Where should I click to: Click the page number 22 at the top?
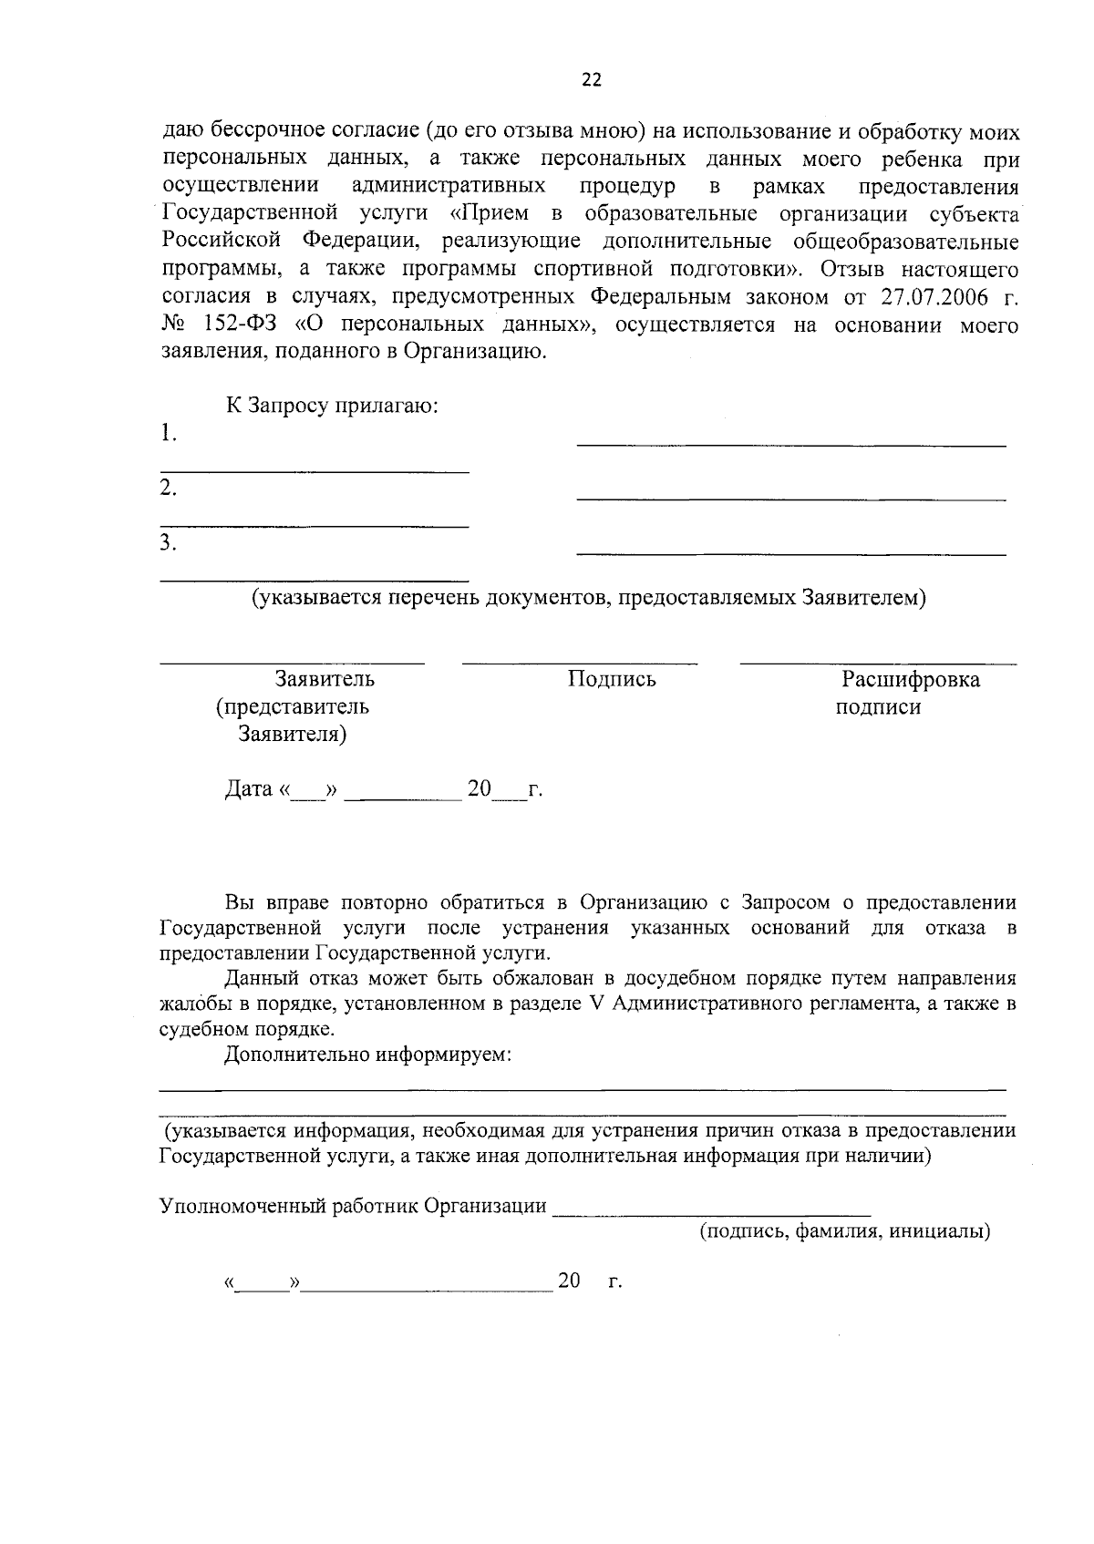(592, 80)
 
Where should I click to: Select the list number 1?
(167, 434)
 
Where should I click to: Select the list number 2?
(168, 489)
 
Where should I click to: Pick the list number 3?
(168, 543)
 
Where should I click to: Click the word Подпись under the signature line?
(612, 680)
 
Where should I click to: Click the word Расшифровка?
(911, 680)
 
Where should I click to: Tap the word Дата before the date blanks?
(249, 789)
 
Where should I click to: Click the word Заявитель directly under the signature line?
(325, 680)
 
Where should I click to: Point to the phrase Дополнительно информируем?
(368, 1055)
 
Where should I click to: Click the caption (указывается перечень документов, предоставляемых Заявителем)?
(589, 599)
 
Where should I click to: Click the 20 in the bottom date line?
(570, 1282)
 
